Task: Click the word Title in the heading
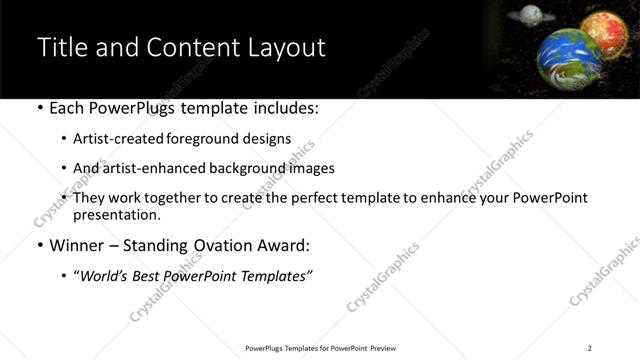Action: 62,47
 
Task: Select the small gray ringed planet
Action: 530,14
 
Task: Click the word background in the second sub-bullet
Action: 238,168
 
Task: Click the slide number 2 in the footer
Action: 590,348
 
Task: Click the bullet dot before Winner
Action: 40,245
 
